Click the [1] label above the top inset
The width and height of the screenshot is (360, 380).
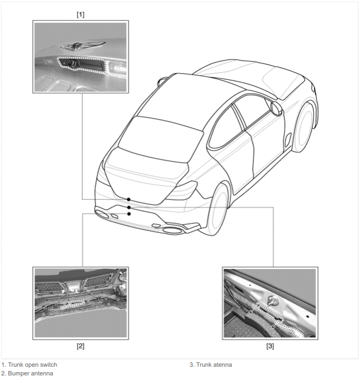[x=80, y=15]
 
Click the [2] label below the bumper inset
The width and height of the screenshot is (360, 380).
[x=80, y=346]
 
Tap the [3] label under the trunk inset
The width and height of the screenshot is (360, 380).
[x=270, y=346]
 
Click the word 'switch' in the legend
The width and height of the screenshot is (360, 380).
[x=48, y=365]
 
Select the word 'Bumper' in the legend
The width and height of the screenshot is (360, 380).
[x=18, y=373]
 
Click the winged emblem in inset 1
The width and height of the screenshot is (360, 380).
[x=83, y=46]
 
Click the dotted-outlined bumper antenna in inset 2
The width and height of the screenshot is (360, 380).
[x=72, y=304]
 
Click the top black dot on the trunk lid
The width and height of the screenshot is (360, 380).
[x=128, y=199]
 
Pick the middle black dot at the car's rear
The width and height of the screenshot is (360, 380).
[x=129, y=208]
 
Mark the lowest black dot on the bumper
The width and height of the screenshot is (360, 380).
[x=129, y=214]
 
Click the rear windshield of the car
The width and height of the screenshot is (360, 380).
[x=160, y=139]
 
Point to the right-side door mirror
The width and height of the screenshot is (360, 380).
[x=276, y=108]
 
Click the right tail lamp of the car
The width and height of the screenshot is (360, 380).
[x=184, y=190]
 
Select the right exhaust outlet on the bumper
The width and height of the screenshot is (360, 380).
[x=173, y=230]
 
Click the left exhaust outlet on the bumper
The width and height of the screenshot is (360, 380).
[x=102, y=215]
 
